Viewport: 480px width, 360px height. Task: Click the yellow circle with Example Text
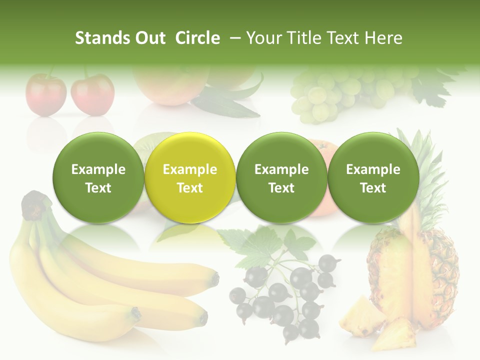[x=190, y=177]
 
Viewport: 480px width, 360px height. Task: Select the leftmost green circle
[x=98, y=177]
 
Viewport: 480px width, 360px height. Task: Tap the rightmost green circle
[x=373, y=177]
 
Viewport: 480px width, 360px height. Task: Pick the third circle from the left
[x=281, y=177]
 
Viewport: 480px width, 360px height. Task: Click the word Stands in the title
[x=101, y=38]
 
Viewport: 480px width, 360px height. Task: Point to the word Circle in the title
[x=197, y=38]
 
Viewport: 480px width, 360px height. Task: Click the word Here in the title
[x=383, y=38]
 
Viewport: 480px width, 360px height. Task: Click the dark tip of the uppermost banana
[x=215, y=278]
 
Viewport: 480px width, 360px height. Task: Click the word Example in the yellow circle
[x=190, y=169]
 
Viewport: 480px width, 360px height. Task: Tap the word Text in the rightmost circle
[x=373, y=188]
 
